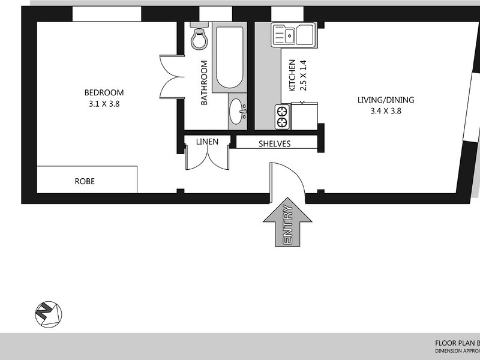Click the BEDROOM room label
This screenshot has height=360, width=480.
click(104, 92)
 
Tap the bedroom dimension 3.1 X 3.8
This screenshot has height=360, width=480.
click(104, 103)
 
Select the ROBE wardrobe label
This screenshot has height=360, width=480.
click(85, 181)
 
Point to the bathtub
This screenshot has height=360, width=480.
click(229, 58)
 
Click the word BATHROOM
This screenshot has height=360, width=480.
click(204, 83)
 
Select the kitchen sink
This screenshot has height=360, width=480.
click(292, 34)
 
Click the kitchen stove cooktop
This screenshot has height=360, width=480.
click(281, 117)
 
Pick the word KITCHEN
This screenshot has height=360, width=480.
click(292, 75)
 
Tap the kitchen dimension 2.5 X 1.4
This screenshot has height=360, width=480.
click(302, 75)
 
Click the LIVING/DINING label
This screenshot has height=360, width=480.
click(377, 100)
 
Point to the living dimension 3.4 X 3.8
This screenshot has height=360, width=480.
click(377, 110)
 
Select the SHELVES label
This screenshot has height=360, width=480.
click(275, 144)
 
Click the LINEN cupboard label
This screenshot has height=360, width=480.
click(207, 142)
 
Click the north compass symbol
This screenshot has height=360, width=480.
click(48, 313)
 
